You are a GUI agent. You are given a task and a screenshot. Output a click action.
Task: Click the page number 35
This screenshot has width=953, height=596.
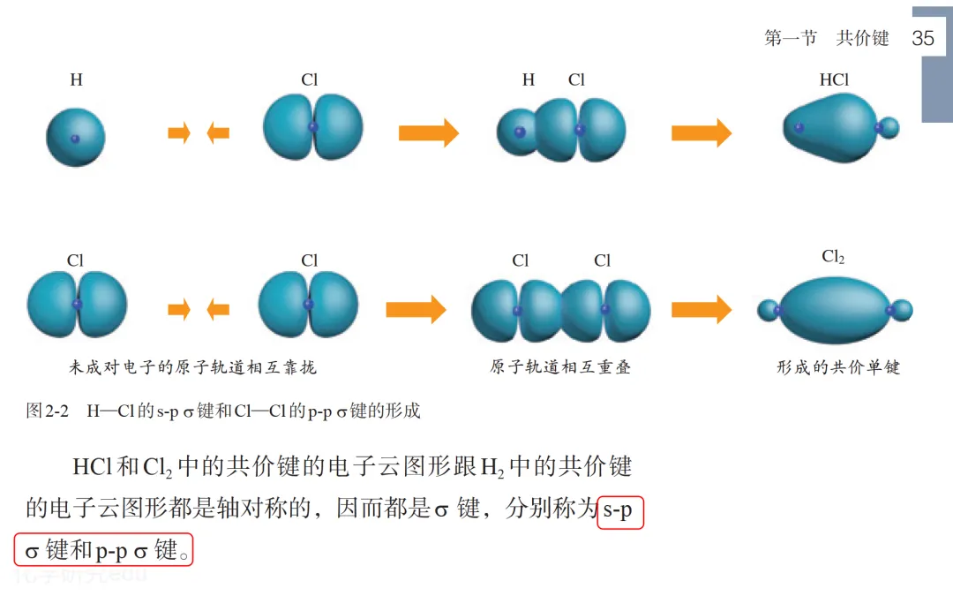(x=923, y=38)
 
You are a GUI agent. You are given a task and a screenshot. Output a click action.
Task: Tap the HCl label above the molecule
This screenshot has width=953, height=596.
(x=834, y=80)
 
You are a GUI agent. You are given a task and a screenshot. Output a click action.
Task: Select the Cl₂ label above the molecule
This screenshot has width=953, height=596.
(x=833, y=258)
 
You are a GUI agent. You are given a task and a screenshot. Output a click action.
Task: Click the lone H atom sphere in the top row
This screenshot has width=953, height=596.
(x=75, y=138)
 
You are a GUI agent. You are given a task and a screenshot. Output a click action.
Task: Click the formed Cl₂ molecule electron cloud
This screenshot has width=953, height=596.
(x=834, y=310)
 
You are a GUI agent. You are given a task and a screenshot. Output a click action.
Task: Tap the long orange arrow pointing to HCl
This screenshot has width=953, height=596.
(x=702, y=132)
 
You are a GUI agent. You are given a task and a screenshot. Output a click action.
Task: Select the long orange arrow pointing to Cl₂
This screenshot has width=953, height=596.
(x=702, y=309)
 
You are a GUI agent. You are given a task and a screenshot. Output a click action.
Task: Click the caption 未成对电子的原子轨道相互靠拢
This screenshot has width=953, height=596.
(x=192, y=367)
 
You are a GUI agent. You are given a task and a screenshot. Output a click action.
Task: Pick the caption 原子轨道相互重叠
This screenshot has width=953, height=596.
(x=560, y=367)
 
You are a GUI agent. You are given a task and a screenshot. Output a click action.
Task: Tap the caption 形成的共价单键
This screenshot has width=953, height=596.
(x=838, y=367)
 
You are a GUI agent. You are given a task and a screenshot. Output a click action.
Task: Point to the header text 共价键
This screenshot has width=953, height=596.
(x=863, y=38)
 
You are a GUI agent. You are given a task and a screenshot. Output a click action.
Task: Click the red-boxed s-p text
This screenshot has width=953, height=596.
(x=620, y=510)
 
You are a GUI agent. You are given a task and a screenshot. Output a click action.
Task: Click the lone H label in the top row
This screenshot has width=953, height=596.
(x=77, y=80)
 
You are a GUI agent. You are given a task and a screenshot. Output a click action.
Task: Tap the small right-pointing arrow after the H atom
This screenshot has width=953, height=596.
(x=179, y=133)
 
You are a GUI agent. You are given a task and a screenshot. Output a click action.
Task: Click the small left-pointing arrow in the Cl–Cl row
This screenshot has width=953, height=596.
(x=218, y=309)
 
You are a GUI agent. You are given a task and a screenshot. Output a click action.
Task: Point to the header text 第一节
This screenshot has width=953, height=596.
(x=791, y=38)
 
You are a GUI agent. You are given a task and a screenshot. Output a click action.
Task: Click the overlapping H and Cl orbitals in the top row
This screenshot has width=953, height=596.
(x=559, y=130)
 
